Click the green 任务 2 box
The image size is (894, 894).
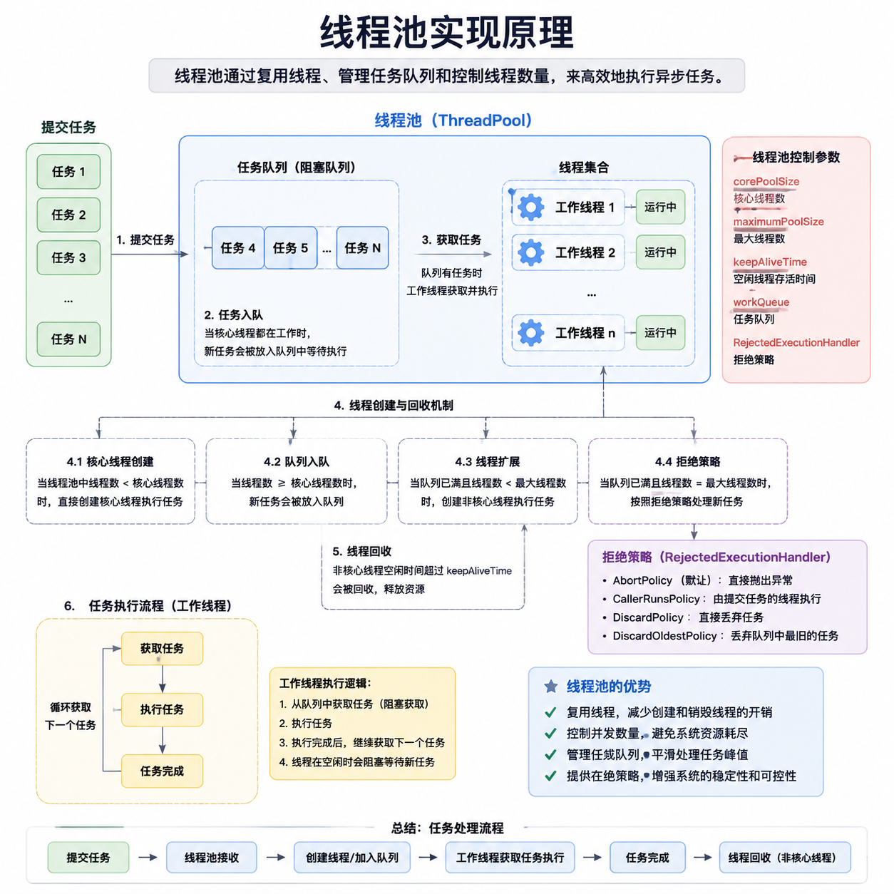[x=68, y=215]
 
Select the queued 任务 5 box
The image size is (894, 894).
[x=290, y=248]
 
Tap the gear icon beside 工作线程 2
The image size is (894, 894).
[x=530, y=252]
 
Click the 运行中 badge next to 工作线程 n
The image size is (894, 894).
[x=659, y=333]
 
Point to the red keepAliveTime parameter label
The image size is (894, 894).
[x=770, y=262]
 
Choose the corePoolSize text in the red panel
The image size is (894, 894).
[x=766, y=181]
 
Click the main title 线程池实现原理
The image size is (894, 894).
[x=447, y=33]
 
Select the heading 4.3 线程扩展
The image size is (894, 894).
[x=487, y=461]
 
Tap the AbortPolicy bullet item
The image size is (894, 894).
[x=698, y=580]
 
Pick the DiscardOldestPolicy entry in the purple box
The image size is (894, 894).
[x=721, y=636]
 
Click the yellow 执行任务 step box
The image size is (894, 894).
[x=162, y=709]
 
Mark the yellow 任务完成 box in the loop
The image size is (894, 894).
[x=162, y=771]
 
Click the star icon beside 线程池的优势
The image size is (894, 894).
[x=550, y=686]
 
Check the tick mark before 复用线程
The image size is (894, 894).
[x=550, y=712]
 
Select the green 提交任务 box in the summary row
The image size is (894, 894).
[x=88, y=858]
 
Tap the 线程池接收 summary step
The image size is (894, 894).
[x=212, y=858]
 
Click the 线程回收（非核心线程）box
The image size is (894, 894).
[x=785, y=858]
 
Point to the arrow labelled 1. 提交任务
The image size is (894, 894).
[x=150, y=254]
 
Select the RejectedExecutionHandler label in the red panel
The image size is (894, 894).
[x=796, y=342]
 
